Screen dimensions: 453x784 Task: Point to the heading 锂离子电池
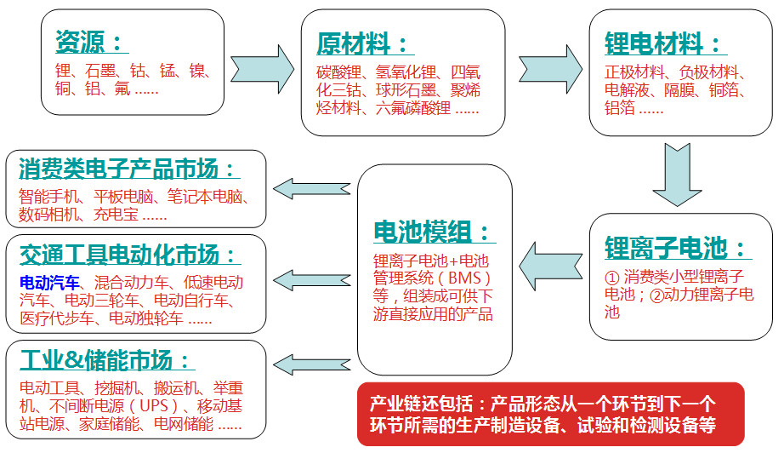677,248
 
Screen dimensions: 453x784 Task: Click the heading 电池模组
432,231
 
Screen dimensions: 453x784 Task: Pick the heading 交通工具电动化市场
128,254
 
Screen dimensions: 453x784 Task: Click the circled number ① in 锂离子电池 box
611,278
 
